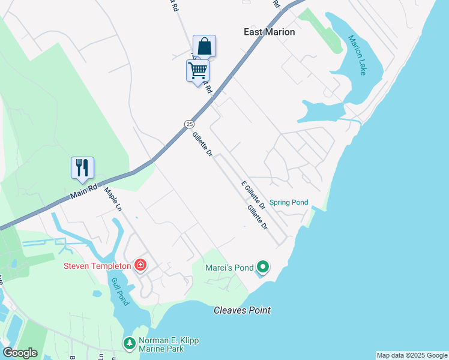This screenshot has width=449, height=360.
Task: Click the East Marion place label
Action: click(x=270, y=32)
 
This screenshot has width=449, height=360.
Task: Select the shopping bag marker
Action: click(x=204, y=46)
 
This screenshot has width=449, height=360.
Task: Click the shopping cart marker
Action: click(x=198, y=71)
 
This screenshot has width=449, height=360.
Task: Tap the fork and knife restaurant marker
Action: click(x=82, y=168)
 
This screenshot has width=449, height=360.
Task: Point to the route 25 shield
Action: click(x=189, y=124)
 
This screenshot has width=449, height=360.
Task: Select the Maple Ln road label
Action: click(x=113, y=199)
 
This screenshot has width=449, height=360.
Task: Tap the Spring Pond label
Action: click(x=289, y=202)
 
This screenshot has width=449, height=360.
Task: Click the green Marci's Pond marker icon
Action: click(x=262, y=266)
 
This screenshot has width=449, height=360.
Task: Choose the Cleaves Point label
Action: click(x=242, y=310)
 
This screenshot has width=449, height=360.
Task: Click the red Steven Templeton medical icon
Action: click(x=140, y=265)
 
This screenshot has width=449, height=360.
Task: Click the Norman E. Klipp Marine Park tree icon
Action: click(x=129, y=344)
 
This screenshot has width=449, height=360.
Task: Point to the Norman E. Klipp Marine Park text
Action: click(x=169, y=344)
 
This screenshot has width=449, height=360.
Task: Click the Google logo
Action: click(x=20, y=353)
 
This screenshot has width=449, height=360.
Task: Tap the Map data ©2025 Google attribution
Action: click(x=412, y=355)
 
